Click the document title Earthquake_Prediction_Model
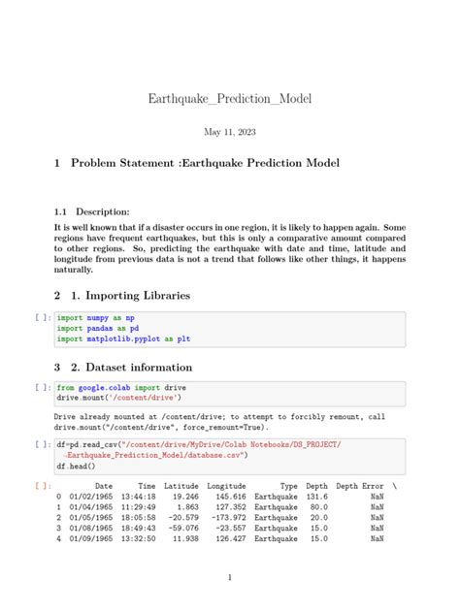coord(230,99)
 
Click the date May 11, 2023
coord(230,132)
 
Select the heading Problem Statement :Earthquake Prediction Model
coord(205,164)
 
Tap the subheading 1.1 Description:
coord(91,210)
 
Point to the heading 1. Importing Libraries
coord(136,295)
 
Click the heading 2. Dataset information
coord(135,368)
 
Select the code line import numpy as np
coord(96,317)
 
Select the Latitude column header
coord(181,485)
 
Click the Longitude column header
coord(226,485)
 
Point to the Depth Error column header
coord(360,485)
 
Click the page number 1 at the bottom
coord(230,578)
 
